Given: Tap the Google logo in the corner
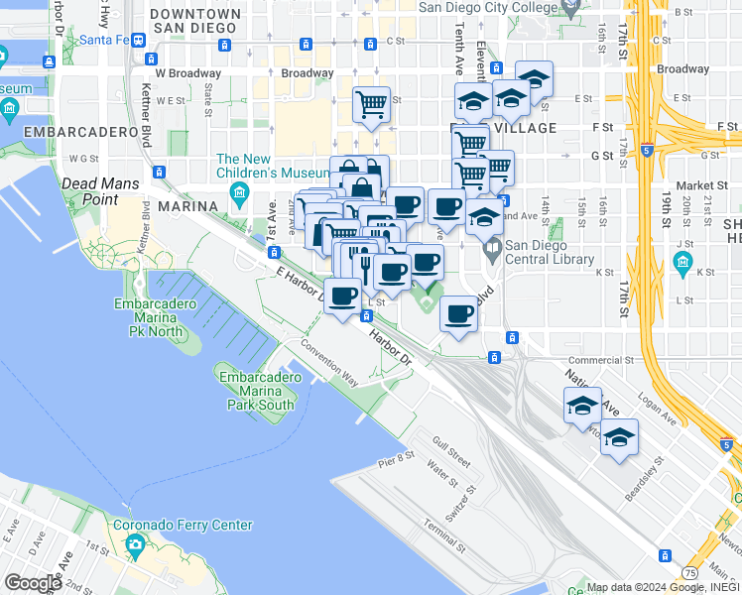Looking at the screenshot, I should [x=33, y=583].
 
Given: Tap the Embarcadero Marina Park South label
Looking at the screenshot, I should [x=257, y=391].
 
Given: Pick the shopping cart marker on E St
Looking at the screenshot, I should [x=371, y=102].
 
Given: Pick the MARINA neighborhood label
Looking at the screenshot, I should [x=186, y=205].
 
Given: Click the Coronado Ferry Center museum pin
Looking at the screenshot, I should [x=135, y=543].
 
